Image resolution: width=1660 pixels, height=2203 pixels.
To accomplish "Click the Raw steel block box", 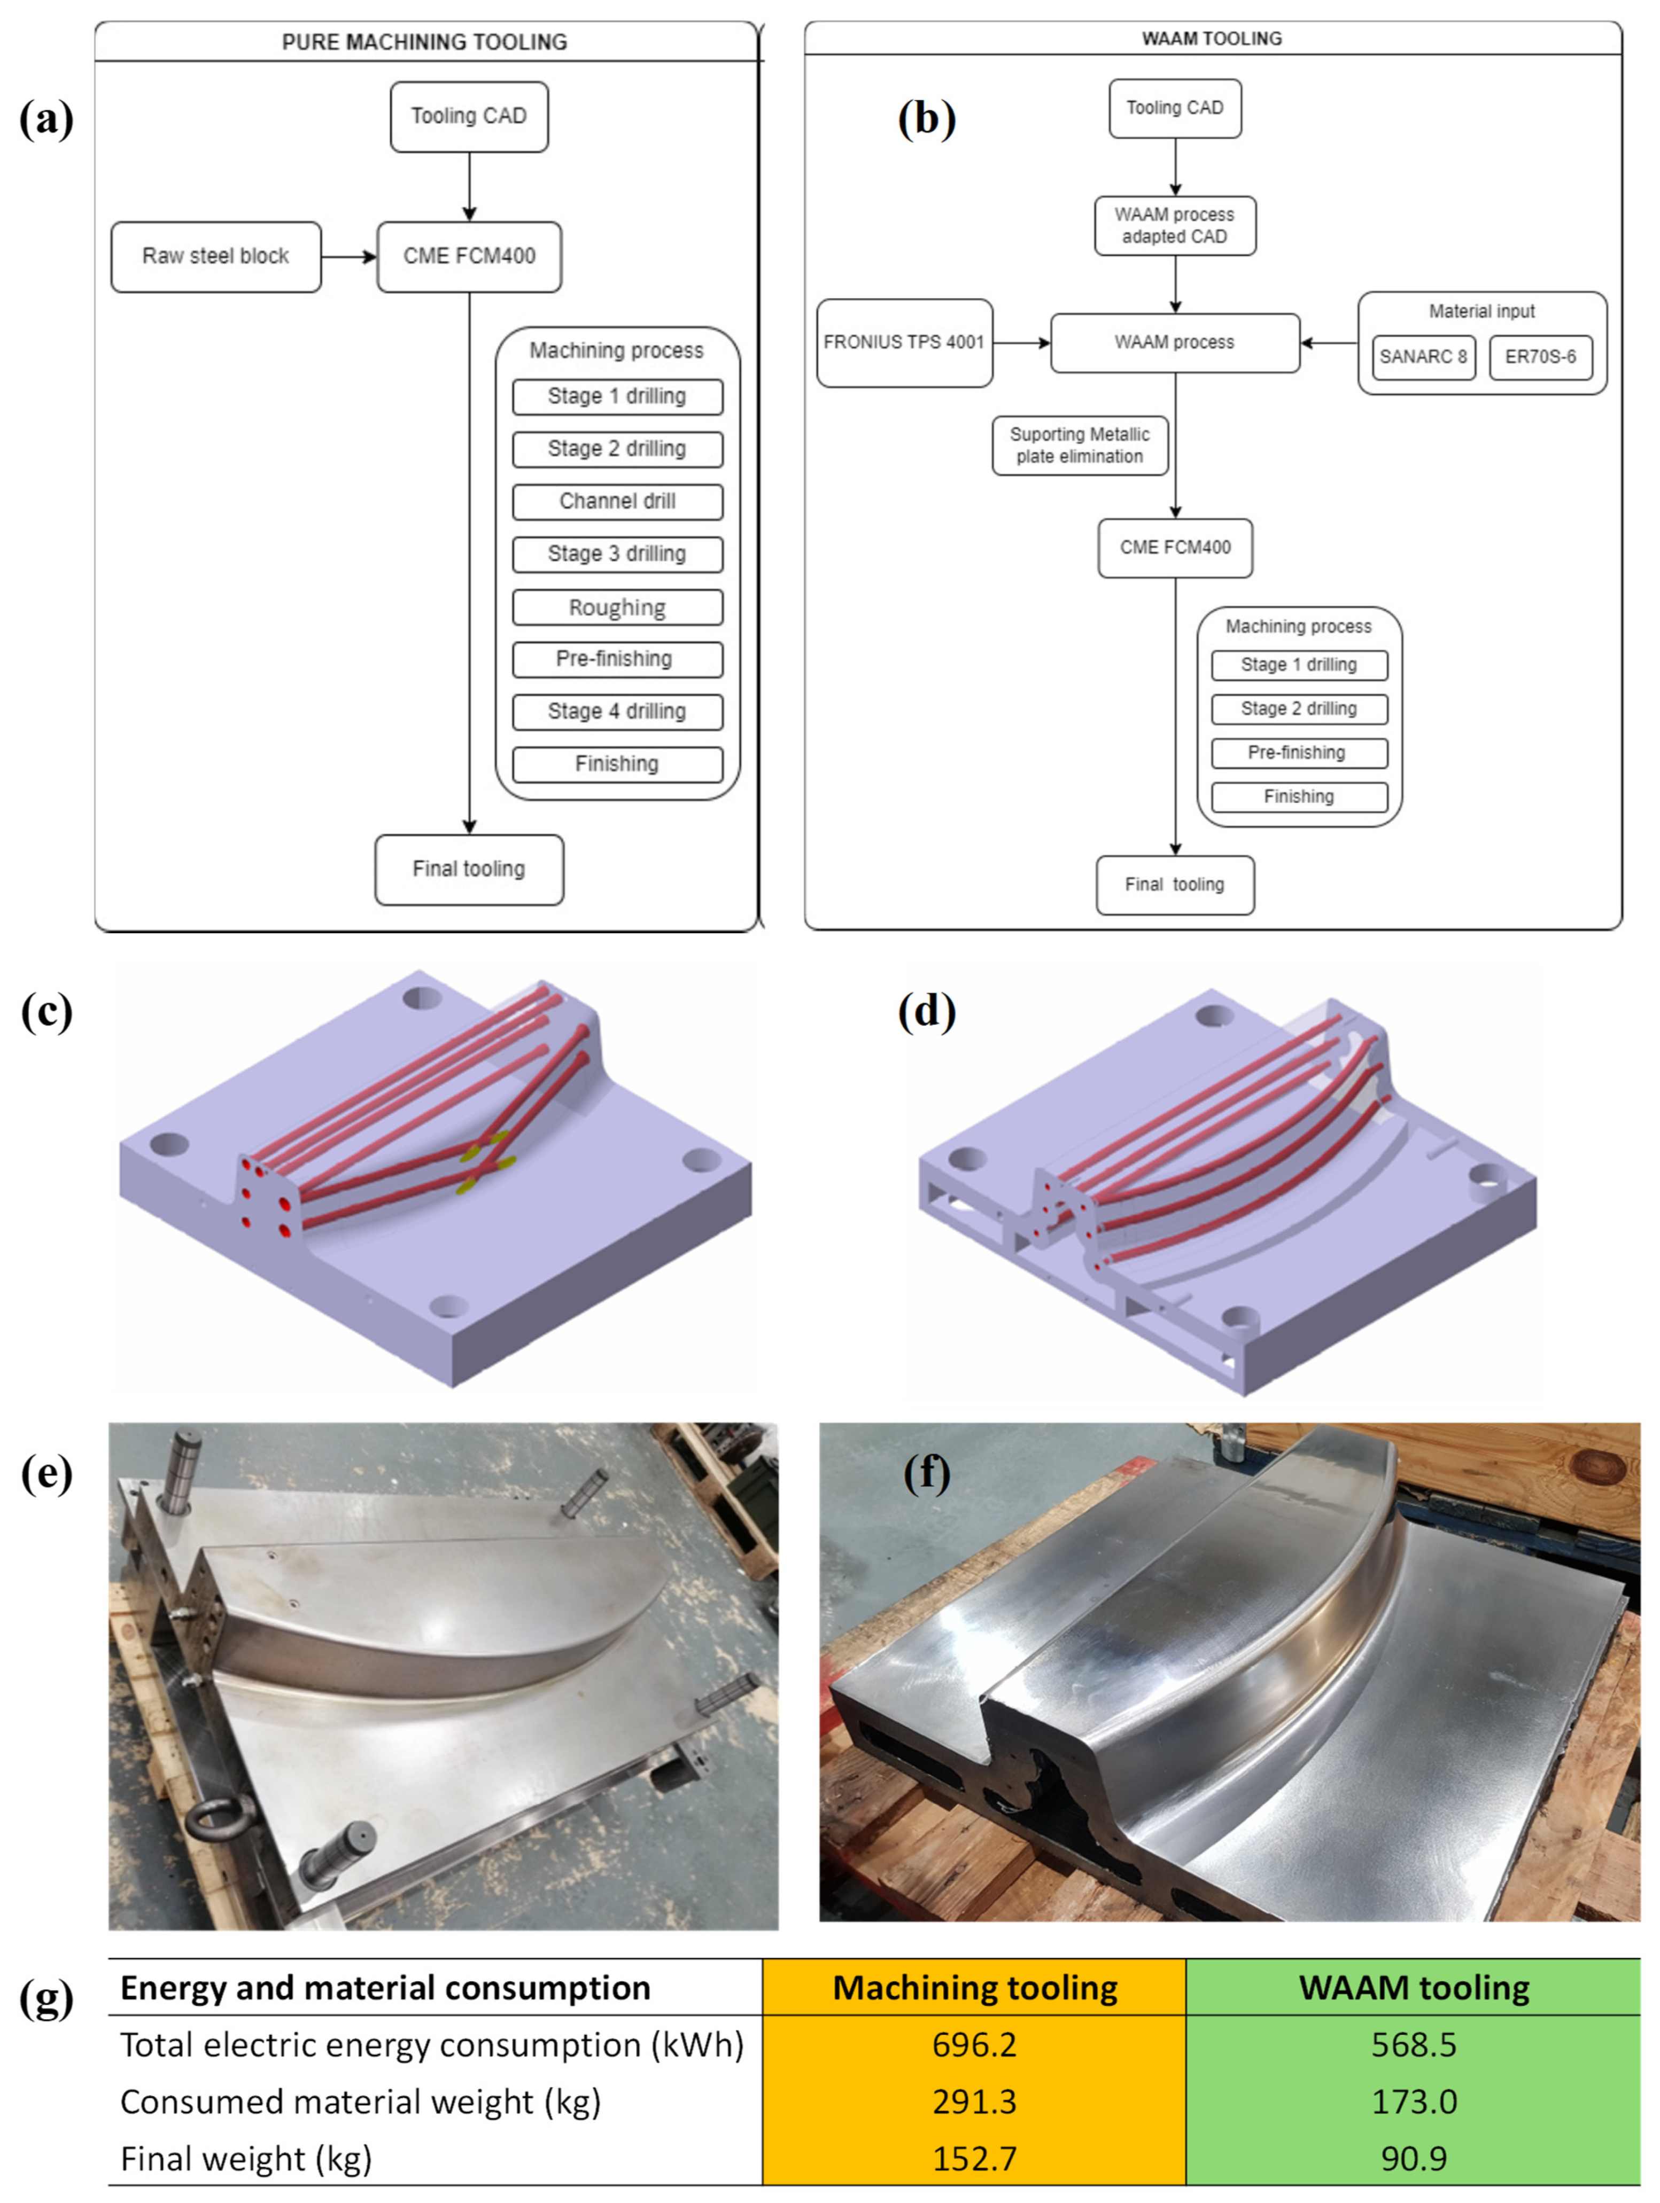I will coord(215,257).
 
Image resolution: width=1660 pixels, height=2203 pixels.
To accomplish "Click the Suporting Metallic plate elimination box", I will coord(1079,445).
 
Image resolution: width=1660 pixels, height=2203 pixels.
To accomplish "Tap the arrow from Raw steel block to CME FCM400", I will coord(349,257).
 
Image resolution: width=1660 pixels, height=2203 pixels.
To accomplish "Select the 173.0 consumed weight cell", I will coord(1413,2102).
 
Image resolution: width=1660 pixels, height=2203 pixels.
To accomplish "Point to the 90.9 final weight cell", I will coord(1413,2158).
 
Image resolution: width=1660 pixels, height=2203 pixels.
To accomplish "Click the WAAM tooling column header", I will coord(1413,1988).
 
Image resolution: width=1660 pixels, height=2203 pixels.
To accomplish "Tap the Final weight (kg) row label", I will coord(246,2158).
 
